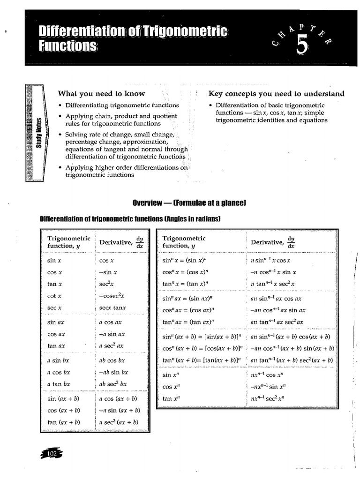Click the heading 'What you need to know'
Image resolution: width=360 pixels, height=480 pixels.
101,93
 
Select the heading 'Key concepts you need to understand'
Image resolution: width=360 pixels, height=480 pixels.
276,93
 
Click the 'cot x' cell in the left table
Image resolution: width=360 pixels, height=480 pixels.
54,296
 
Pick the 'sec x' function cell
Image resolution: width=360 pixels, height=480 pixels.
54,308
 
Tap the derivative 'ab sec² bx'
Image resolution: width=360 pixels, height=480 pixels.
113,383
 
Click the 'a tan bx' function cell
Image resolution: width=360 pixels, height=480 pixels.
59,384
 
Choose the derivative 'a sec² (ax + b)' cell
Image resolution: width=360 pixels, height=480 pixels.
119,422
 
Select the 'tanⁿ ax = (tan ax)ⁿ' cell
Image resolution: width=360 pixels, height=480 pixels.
188,322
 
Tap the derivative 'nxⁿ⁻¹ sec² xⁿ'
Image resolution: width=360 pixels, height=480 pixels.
268,398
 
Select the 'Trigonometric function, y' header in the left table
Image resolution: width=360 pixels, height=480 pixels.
68,242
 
